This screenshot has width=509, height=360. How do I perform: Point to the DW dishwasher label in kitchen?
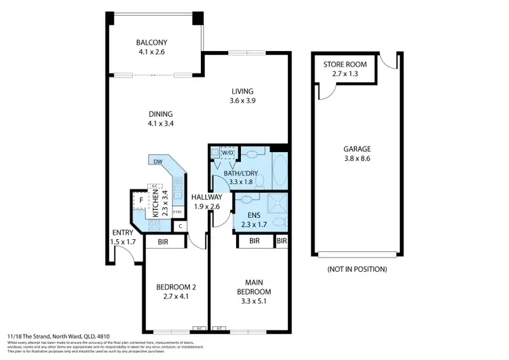[x=157, y=162]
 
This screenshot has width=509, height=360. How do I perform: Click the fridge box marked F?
[x=141, y=200]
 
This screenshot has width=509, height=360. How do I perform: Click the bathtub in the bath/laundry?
[x=280, y=172]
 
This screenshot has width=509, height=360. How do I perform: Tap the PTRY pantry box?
[x=177, y=212]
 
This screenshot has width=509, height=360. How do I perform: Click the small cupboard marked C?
[x=181, y=226]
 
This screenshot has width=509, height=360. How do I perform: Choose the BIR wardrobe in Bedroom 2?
[x=163, y=241]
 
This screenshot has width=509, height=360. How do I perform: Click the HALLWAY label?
[x=208, y=202]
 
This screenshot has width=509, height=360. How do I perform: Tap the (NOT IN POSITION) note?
[x=357, y=269]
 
